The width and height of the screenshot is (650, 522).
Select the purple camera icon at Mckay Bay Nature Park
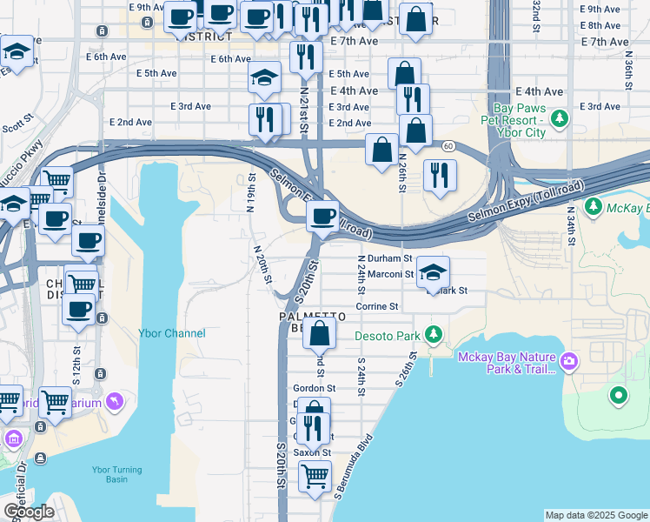point(568,360)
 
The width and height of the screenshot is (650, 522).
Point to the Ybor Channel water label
point(172,333)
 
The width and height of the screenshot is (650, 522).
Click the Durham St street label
point(384,258)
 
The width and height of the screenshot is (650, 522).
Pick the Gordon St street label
point(315,388)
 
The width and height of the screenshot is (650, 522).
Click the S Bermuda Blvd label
point(353,466)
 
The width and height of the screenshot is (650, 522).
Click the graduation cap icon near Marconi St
point(433,271)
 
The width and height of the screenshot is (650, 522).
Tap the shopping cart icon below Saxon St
point(314,475)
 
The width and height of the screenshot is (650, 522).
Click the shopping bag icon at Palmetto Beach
point(320,331)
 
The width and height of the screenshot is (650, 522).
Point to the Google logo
point(29,512)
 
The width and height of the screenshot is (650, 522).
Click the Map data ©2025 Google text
point(595,515)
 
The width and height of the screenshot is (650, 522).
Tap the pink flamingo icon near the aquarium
point(112,400)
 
